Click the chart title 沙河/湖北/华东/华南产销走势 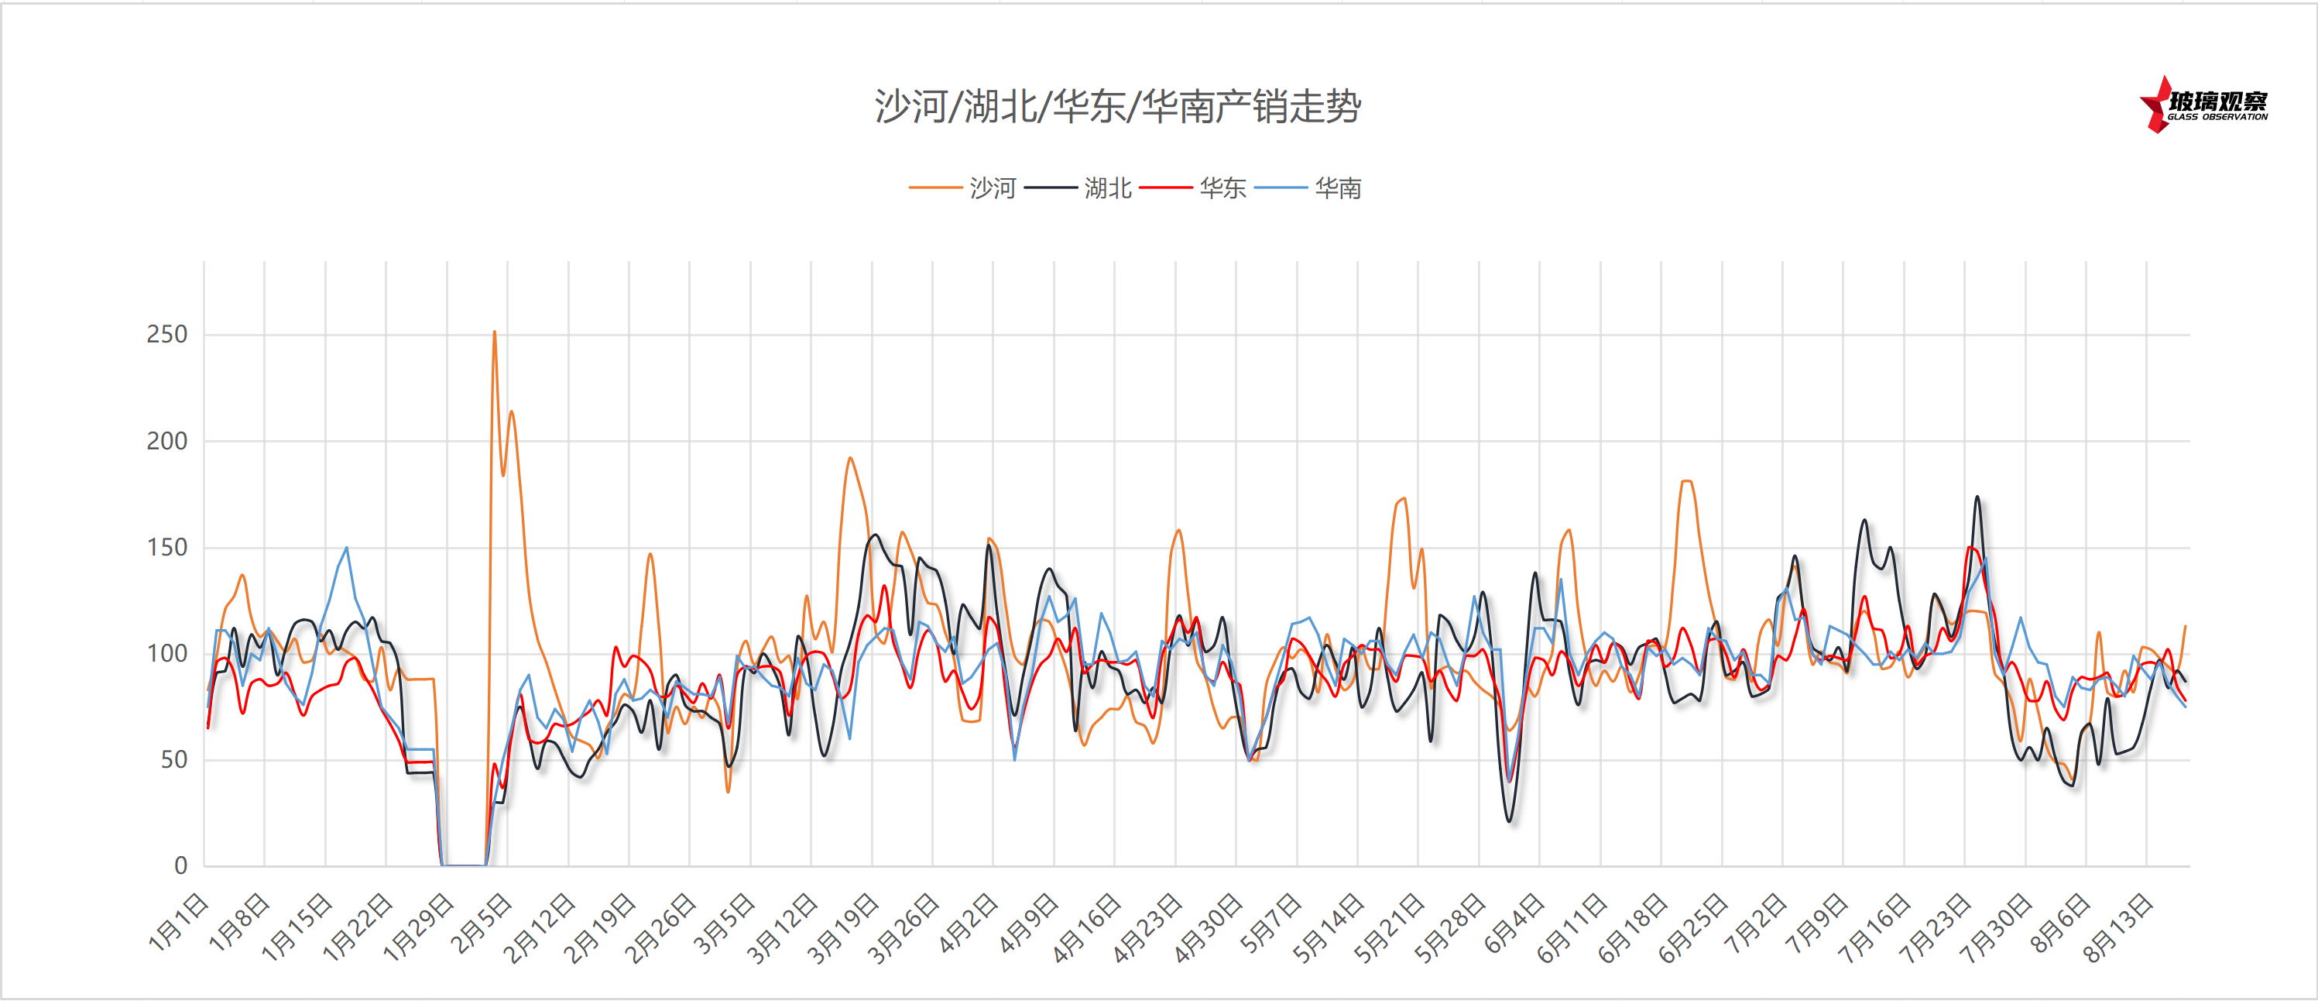(x=1118, y=107)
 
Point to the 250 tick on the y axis (x=166, y=335)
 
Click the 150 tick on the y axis (x=166, y=547)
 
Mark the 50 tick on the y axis (x=173, y=760)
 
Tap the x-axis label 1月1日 (x=178, y=923)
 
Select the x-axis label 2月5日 (x=482, y=923)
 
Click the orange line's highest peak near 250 (x=494, y=332)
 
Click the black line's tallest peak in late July (x=1977, y=497)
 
